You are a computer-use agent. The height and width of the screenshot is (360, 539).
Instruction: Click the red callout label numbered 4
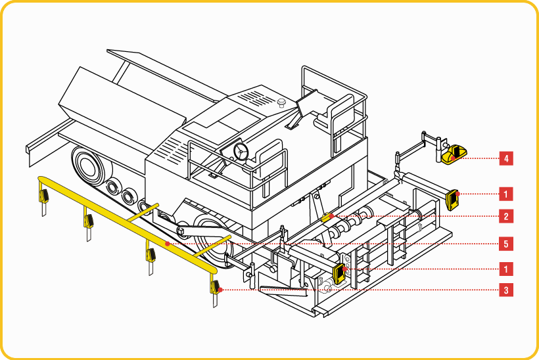[506, 159]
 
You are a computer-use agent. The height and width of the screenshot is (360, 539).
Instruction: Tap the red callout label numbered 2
[506, 216]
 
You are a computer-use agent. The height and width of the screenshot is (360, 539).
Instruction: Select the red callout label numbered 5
[506, 244]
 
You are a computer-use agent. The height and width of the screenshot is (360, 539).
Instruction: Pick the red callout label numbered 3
[506, 290]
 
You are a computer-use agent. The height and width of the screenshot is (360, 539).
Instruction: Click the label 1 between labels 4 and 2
[506, 194]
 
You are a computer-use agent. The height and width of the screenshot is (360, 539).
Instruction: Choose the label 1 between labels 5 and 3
[506, 269]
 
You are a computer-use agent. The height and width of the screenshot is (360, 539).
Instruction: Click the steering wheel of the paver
[241, 152]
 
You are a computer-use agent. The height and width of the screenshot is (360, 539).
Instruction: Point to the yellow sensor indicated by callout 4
[454, 155]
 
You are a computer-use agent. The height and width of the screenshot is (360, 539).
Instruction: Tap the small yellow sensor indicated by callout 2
[327, 217]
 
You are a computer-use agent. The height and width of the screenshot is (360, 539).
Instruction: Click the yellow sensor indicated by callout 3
[216, 287]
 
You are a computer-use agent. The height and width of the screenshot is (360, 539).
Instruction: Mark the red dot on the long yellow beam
[168, 244]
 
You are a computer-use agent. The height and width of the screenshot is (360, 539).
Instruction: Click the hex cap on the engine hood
[281, 102]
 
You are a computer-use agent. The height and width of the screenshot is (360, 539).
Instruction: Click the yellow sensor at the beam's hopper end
[43, 196]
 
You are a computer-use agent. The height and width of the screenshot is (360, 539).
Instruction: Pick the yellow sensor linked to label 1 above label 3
[339, 273]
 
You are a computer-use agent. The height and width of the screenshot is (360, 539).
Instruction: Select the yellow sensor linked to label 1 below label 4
[452, 199]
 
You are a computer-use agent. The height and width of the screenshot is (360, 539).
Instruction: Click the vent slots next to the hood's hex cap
[256, 98]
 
